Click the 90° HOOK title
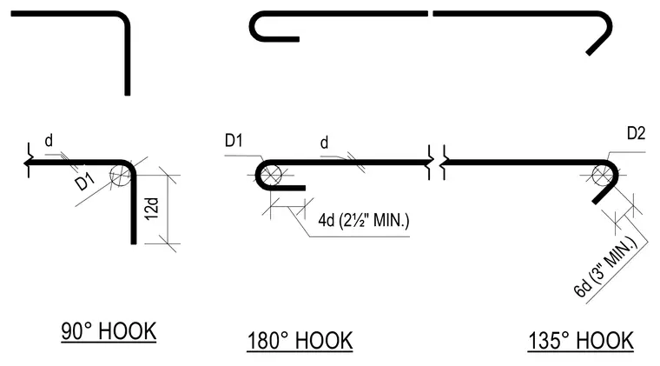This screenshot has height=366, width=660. (109, 331)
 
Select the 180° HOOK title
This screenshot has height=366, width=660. (300, 341)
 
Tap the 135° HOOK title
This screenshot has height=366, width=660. (581, 341)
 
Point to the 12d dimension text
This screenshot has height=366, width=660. (152, 208)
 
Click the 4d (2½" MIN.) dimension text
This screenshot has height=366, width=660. (364, 220)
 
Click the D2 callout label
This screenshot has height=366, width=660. (636, 134)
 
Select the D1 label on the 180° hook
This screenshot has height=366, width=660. (234, 140)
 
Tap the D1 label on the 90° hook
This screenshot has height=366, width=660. (85, 183)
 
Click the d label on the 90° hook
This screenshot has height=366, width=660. (49, 141)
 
